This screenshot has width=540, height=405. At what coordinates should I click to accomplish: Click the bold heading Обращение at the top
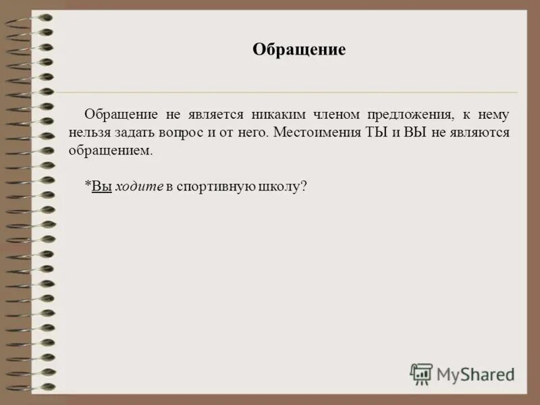coord(299,50)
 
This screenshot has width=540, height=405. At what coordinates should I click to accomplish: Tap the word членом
coord(335,114)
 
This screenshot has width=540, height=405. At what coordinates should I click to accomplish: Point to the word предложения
coord(408,114)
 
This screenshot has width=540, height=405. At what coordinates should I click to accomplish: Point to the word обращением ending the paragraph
coord(110,151)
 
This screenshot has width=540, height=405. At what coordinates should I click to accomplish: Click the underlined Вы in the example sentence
coord(101,187)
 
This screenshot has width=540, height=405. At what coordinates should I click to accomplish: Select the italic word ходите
coord(139,187)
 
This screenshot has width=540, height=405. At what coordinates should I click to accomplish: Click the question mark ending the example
coord(304,187)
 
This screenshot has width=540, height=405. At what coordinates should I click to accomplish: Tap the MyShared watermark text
coord(475,373)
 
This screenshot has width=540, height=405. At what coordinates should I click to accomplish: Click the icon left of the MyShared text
coord(421,373)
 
